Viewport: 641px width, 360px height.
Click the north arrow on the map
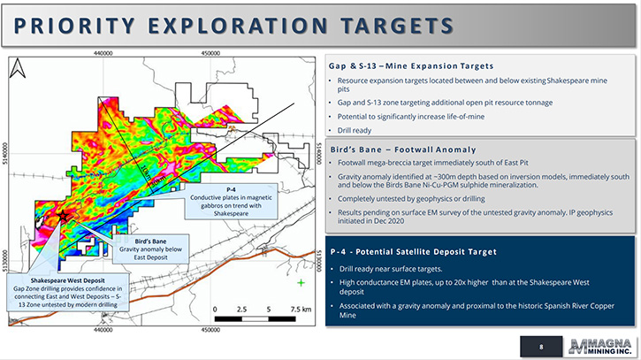point(18,68)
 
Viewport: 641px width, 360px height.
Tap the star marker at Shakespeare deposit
point(63,216)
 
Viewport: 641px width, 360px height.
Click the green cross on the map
point(301,283)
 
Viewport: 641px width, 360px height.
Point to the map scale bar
point(256,318)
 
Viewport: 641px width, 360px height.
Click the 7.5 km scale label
point(301,310)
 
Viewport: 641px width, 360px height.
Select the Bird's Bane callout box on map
point(151,249)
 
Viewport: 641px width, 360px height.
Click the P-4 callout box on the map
point(231,202)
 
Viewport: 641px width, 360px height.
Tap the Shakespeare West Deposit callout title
point(68,280)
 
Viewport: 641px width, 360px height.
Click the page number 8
point(541,347)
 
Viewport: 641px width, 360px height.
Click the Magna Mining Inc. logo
point(600,347)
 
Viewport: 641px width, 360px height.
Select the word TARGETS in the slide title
point(397,26)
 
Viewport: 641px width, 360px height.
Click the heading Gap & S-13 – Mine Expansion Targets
point(411,65)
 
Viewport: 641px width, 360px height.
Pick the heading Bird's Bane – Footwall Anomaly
point(403,149)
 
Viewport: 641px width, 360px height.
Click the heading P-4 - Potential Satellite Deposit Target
point(413,251)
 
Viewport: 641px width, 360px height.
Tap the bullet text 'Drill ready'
point(354,131)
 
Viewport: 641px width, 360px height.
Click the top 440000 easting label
point(103,53)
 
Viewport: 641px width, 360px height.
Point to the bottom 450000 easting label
point(210,330)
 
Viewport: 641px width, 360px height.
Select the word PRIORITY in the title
point(74,26)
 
